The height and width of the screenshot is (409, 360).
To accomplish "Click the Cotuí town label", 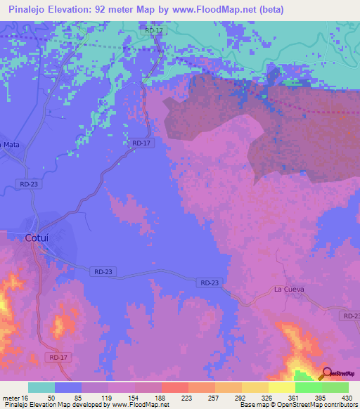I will (36, 238).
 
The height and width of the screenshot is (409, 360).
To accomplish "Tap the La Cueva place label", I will (288, 290).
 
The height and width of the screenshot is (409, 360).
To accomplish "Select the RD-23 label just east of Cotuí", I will (102, 271).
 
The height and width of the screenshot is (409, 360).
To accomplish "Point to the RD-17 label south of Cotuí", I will (59, 358).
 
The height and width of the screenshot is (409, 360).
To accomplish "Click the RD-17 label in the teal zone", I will (153, 30).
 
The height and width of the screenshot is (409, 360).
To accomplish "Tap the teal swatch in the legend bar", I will (41, 387).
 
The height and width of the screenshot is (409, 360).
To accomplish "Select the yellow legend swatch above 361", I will (282, 387).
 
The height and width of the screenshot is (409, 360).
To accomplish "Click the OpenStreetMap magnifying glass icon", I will (326, 374).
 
